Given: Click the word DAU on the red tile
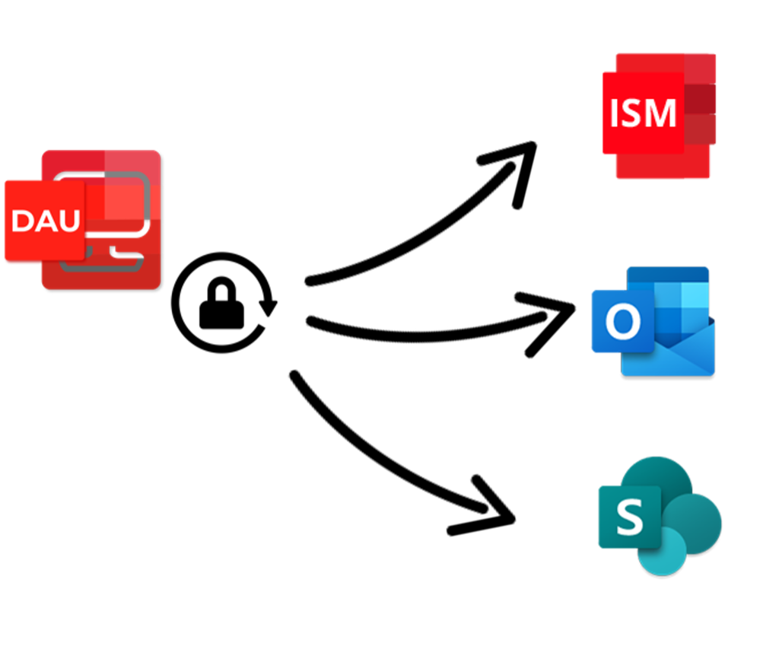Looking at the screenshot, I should [x=46, y=221].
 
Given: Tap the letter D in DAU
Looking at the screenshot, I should [x=23, y=221].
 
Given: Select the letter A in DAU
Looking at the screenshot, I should [x=45, y=221].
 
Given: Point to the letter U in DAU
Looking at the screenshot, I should [x=68, y=221].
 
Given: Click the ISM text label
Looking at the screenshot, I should [x=643, y=113].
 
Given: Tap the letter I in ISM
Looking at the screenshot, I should [x=615, y=113].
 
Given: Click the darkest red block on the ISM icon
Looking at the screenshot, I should [x=701, y=97].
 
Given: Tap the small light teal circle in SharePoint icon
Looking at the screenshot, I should [x=662, y=552].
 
